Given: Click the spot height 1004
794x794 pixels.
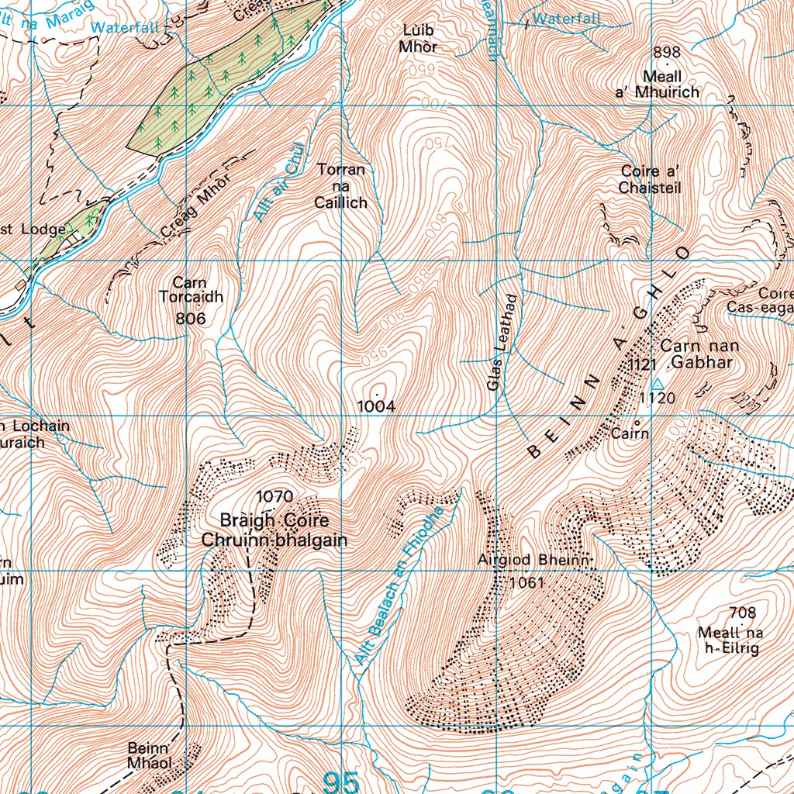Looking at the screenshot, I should [x=376, y=406].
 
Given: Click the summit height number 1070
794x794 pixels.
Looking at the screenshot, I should [x=274, y=496].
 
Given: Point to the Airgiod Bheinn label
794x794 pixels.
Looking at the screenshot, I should [x=535, y=561].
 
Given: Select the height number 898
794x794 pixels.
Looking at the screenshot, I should [x=666, y=53].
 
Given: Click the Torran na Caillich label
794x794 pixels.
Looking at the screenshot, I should [x=340, y=186].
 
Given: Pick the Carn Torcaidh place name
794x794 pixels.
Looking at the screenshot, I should [x=191, y=290].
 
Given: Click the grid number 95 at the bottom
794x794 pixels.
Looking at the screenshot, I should [x=341, y=782].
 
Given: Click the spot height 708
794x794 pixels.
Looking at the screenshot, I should [x=742, y=613].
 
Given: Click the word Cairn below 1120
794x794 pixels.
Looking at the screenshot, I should [x=630, y=433].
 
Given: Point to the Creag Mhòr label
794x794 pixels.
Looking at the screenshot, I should [x=186, y=211].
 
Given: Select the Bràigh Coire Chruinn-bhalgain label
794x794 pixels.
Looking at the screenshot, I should [x=274, y=530].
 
